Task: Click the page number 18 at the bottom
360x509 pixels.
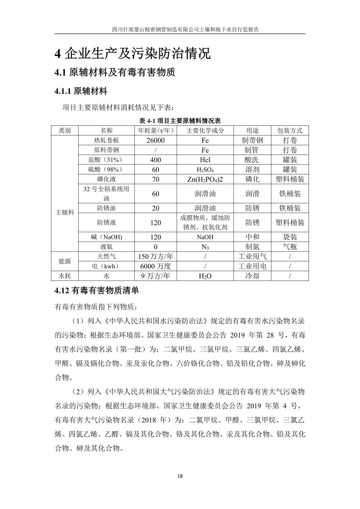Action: (x=180, y=476)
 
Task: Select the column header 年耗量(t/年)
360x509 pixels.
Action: (x=156, y=131)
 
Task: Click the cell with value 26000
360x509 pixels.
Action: (x=156, y=140)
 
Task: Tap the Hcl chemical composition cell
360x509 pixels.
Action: (x=205, y=160)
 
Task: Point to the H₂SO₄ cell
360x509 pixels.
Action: (x=205, y=170)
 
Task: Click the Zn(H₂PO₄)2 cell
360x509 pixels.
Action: (x=205, y=179)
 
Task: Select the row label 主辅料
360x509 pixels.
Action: (x=65, y=212)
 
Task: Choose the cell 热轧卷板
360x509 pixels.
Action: (x=106, y=140)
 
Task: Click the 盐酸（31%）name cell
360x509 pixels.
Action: (x=106, y=160)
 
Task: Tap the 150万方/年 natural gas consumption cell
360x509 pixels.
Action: (x=156, y=257)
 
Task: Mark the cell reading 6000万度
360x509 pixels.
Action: (x=156, y=266)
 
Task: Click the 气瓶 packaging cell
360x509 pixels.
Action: (x=290, y=247)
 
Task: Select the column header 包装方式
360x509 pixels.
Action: (x=290, y=131)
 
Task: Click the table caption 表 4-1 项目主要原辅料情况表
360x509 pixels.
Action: (x=180, y=121)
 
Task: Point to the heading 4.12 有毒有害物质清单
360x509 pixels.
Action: (x=97, y=291)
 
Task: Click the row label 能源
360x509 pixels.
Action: (x=65, y=261)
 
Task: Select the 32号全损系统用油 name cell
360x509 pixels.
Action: (x=106, y=194)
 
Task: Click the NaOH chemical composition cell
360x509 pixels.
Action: (x=205, y=237)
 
